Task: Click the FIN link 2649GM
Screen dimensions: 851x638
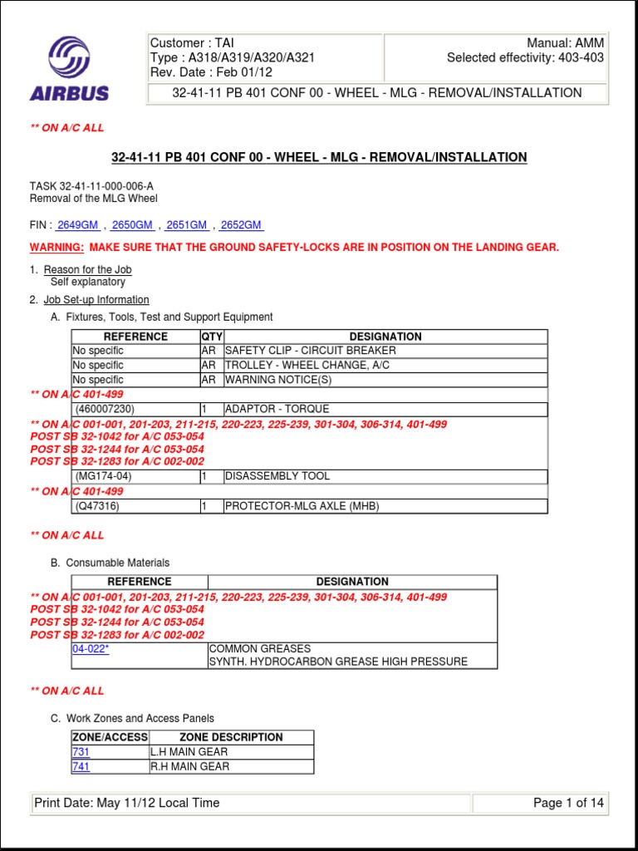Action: [79, 225]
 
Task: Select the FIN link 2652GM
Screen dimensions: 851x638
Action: [242, 225]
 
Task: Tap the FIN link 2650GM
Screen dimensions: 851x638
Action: [133, 225]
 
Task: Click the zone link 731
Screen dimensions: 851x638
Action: [81, 752]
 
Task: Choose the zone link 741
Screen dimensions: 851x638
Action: [81, 767]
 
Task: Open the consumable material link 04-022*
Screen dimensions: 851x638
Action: [91, 649]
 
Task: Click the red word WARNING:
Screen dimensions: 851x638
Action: [57, 248]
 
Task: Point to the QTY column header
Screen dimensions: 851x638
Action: [211, 337]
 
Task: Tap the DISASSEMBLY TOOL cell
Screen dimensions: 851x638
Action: [277, 476]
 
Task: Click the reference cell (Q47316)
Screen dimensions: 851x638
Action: [97, 506]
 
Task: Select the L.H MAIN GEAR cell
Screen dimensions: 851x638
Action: [189, 752]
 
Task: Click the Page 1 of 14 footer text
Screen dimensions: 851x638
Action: [568, 803]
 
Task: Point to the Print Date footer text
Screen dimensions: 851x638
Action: [127, 803]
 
